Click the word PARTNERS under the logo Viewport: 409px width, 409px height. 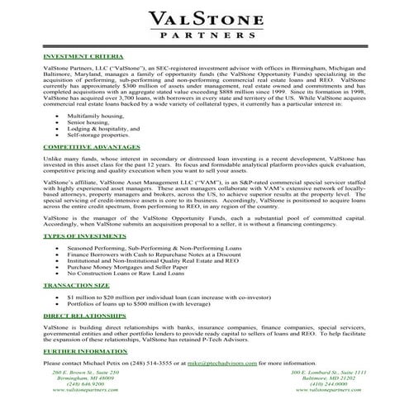point(204,37)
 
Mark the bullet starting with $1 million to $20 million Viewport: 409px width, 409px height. point(157,295)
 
